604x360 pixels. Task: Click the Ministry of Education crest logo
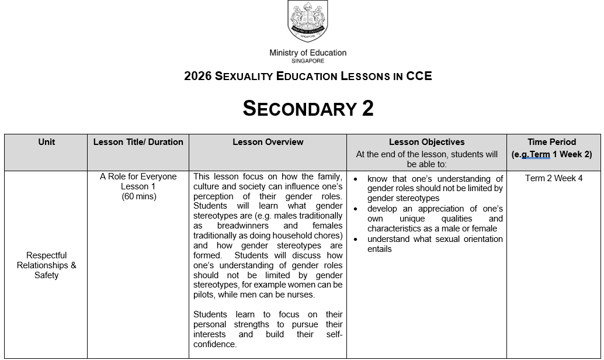(308, 22)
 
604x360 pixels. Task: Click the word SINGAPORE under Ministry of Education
(308, 61)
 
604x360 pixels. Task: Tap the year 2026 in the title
(197, 76)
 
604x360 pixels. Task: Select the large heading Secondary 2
(308, 109)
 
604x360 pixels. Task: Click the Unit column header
(46, 142)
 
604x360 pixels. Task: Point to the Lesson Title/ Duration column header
(138, 142)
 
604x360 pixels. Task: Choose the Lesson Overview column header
(268, 142)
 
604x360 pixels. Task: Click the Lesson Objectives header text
(426, 142)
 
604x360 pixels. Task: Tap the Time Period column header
(551, 142)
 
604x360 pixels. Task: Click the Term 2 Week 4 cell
(553, 178)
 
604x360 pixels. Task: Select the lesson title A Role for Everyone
(138, 176)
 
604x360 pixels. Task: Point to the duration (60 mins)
(138, 196)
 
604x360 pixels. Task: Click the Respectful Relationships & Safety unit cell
(47, 265)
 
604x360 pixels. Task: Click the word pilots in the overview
(204, 295)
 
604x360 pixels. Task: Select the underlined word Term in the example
(540, 155)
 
